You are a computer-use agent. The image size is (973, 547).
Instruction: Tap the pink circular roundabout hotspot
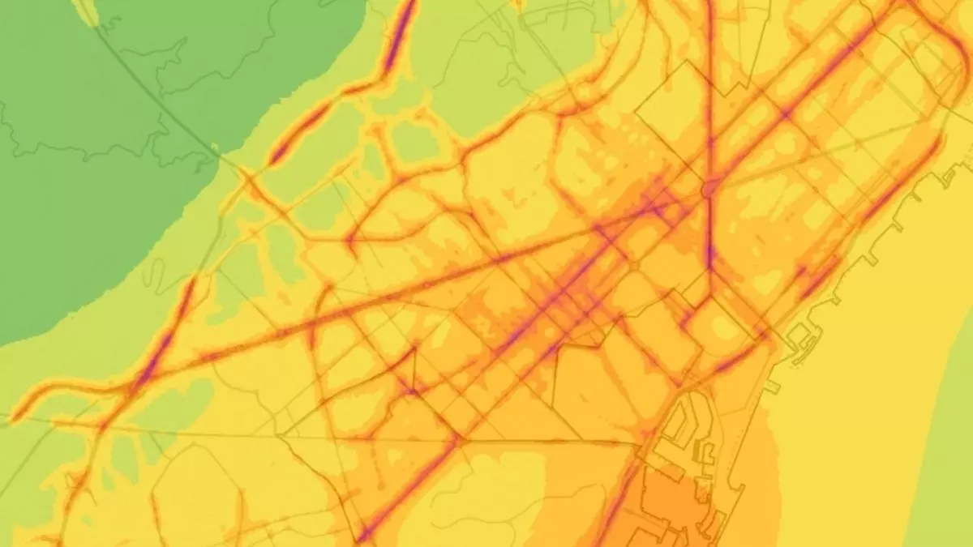pyautogui.click(x=710, y=189)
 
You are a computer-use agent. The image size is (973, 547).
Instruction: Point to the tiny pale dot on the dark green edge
pyautogui.click(x=214, y=147)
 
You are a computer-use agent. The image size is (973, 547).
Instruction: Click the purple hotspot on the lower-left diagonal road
pyautogui.click(x=150, y=369)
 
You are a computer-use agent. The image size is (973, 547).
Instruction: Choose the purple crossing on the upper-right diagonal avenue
pyautogui.click(x=785, y=113)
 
